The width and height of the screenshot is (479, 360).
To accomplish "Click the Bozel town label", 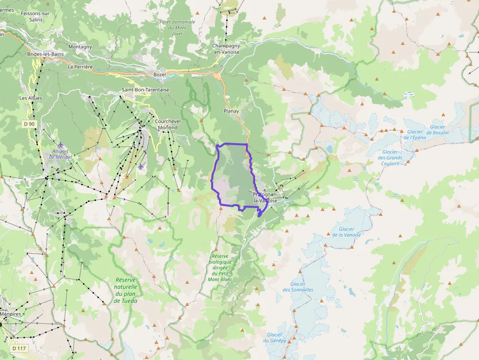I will click(x=159, y=74).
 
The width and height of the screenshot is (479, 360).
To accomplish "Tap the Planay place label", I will click(x=231, y=111).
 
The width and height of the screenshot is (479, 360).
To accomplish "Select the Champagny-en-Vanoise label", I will click(x=226, y=49).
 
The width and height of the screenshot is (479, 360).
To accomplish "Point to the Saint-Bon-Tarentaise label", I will click(x=145, y=90).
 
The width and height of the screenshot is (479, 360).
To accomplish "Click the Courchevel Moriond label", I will click(x=166, y=125).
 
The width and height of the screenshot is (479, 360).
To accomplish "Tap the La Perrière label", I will click(x=80, y=67).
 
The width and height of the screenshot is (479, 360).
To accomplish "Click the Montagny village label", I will click(x=80, y=47).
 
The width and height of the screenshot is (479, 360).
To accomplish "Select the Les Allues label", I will click(x=31, y=98).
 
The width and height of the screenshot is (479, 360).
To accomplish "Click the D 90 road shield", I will click(x=29, y=124).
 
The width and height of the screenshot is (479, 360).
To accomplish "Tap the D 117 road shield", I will click(x=19, y=348).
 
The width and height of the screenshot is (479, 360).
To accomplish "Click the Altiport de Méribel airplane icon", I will click(x=60, y=145).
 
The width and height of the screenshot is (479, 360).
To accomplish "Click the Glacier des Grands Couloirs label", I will click(x=390, y=157).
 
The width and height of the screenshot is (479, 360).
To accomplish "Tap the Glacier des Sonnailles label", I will click(x=298, y=287).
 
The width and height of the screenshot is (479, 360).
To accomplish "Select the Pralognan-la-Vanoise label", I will click(x=265, y=197).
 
